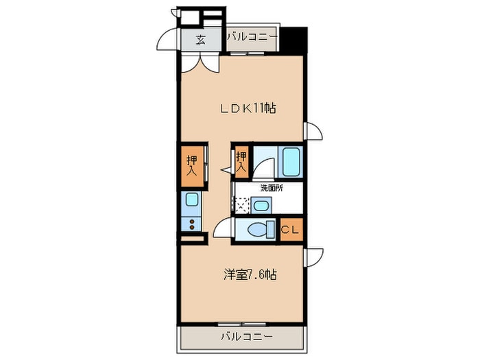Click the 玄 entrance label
201,39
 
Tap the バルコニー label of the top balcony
251,36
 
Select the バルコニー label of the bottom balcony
246,337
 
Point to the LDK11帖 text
248,108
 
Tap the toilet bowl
258,230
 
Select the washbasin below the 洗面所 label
260,204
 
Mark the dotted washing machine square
241,204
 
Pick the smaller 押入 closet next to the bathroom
241,163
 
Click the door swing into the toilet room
223,230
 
